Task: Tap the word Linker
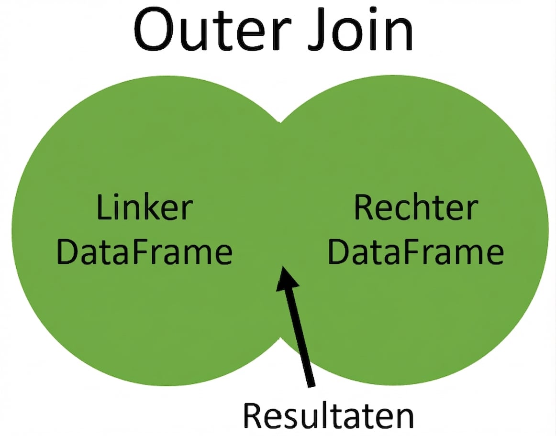point(144,208)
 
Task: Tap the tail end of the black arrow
point(311,382)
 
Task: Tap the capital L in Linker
point(103,208)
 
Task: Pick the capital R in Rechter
point(364,208)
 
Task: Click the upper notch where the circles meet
point(281,120)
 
